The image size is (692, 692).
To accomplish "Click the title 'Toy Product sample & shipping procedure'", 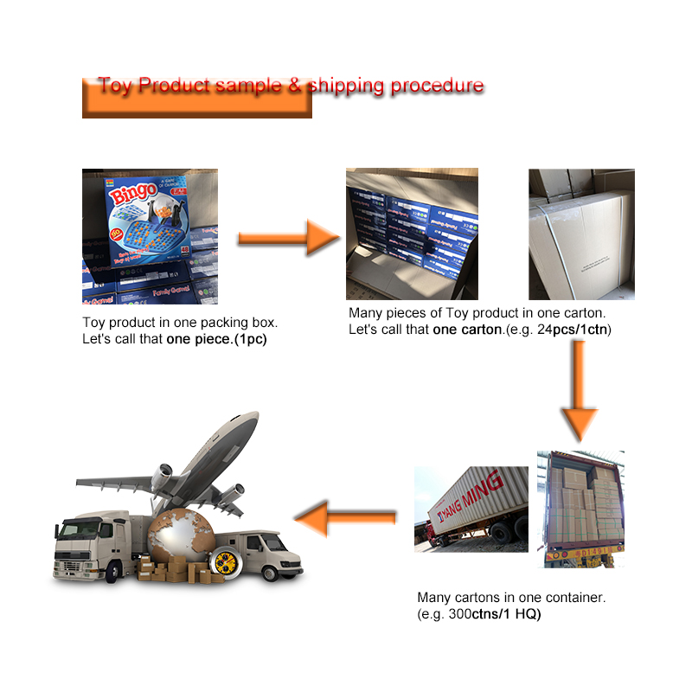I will click(x=290, y=86).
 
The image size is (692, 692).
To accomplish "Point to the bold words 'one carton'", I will click(x=467, y=330).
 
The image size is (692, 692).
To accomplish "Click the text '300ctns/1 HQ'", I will click(x=497, y=613).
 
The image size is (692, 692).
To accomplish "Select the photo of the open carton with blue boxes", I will click(x=412, y=234).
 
